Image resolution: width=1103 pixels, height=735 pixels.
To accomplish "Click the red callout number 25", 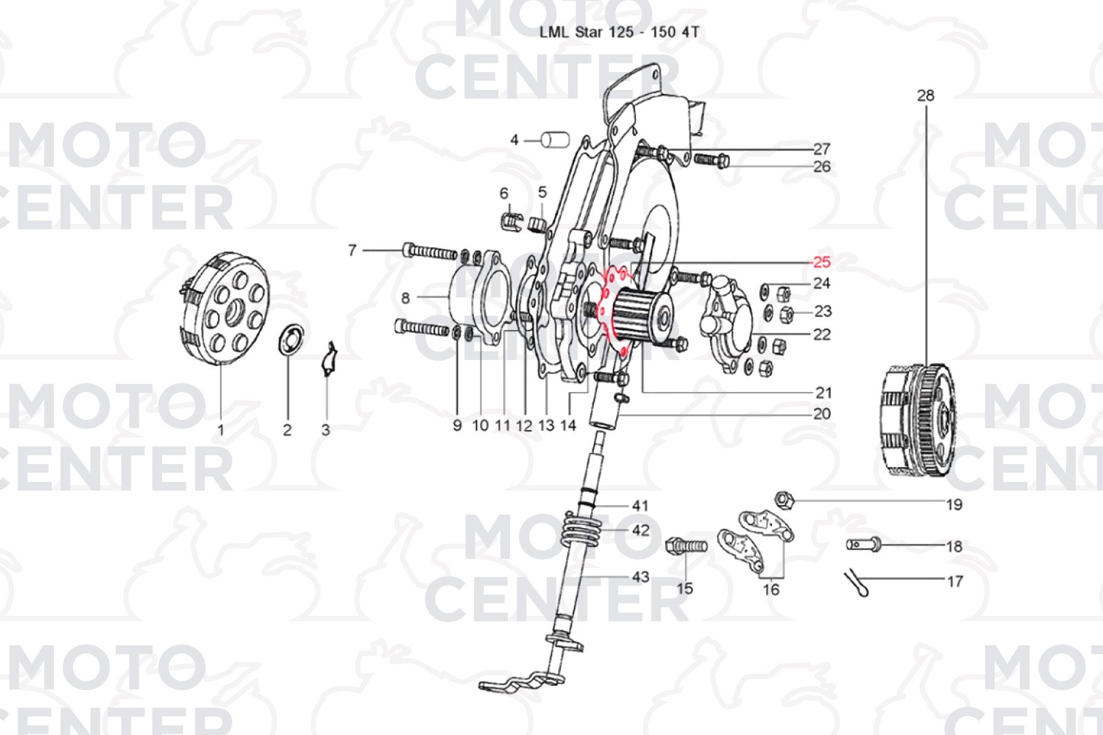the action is (822, 262).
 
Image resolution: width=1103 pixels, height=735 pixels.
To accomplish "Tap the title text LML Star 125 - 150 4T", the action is (619, 33).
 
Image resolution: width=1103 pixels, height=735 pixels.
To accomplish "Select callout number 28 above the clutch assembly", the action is (926, 95).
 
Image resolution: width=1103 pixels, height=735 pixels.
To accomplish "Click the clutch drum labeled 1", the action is (224, 308).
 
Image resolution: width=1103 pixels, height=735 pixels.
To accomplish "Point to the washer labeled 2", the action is (291, 339).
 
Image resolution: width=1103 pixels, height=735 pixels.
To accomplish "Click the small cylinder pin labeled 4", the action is (556, 140).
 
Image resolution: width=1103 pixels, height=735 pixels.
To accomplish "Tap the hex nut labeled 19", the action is (784, 500).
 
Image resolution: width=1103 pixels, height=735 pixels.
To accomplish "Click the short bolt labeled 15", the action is (686, 546).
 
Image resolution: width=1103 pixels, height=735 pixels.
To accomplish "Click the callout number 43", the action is (640, 576).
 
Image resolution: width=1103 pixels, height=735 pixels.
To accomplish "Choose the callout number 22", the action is (822, 335).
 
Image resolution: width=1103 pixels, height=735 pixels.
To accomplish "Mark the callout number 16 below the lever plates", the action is (771, 589).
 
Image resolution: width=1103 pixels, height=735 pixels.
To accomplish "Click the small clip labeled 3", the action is (329, 359).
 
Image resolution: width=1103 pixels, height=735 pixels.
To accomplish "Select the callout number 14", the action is (568, 425).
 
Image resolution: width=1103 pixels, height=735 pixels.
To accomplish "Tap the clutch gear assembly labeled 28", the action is (918, 421).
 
